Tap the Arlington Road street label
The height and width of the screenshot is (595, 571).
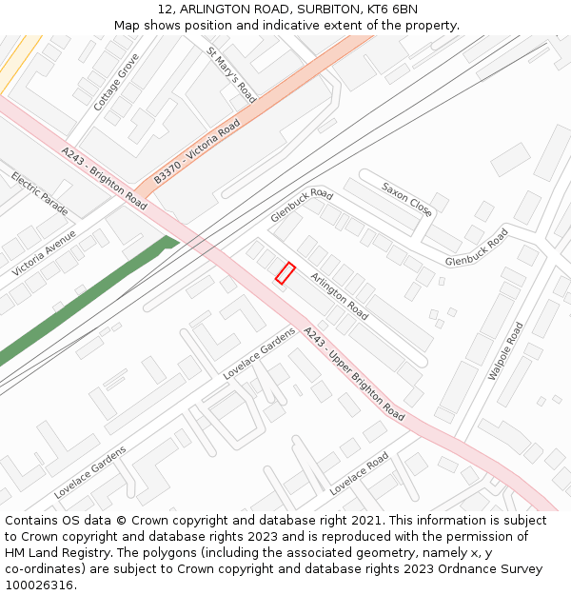339,296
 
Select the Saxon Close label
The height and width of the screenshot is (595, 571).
407,199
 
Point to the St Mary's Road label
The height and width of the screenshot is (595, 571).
232,74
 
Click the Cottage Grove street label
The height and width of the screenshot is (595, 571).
116,82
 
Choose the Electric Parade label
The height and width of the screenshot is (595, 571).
40,192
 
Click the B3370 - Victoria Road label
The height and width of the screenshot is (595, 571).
197,151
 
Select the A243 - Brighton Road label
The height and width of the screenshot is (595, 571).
105,178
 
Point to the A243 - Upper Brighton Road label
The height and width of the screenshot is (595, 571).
353,374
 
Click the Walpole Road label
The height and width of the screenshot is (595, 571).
505,351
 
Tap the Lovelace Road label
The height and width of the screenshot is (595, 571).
359,473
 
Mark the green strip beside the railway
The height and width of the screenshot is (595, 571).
86,300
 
